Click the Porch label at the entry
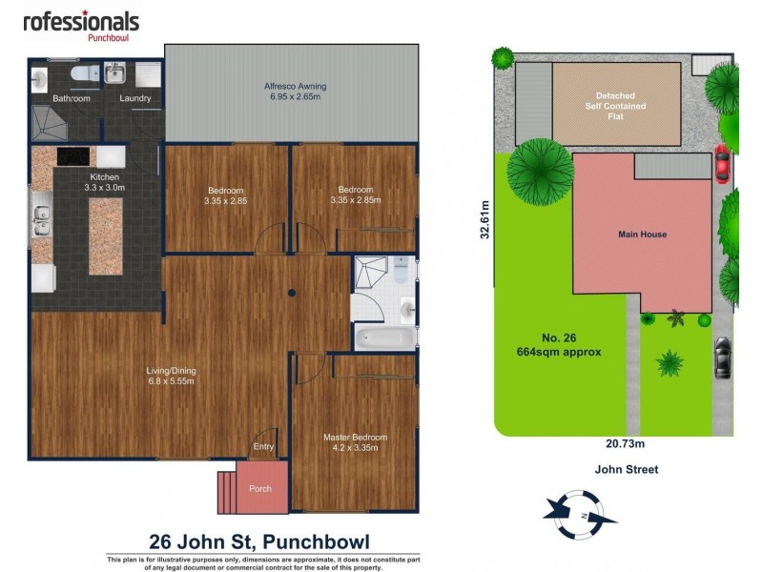tap(260, 488)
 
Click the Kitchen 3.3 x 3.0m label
tap(104, 182)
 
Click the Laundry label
tap(134, 98)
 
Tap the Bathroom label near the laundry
tap(71, 98)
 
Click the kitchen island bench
tap(105, 235)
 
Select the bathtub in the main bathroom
tap(384, 337)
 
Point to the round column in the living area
tap(293, 293)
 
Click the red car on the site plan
tap(721, 163)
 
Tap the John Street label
tap(626, 469)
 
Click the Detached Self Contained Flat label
tap(615, 106)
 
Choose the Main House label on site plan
tap(642, 234)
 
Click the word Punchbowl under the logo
tap(108, 38)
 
